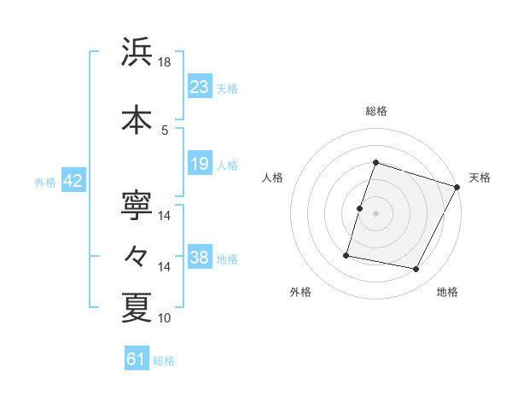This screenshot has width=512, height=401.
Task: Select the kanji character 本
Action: [x=137, y=119]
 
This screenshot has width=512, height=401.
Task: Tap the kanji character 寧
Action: [x=137, y=204]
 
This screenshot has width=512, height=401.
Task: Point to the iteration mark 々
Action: [x=137, y=255]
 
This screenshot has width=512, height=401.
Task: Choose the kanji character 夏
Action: [x=137, y=306]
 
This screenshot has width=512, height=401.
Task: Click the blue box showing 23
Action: [x=200, y=87]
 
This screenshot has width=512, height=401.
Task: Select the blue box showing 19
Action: [x=200, y=164]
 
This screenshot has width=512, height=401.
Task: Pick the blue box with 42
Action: [x=73, y=182]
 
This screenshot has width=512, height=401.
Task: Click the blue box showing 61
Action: [x=137, y=359]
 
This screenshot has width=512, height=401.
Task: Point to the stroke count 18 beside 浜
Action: [x=165, y=62]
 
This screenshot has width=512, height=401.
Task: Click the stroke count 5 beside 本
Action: [x=165, y=130]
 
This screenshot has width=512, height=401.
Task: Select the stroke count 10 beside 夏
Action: [x=165, y=318]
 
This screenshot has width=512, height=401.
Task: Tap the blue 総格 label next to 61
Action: [x=164, y=361]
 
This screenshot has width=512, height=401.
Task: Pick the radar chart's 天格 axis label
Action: [x=480, y=177]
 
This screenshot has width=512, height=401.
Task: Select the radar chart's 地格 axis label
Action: [x=447, y=292]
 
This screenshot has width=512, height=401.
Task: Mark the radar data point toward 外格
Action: [x=347, y=254]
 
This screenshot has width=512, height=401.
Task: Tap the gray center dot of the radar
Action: [x=375, y=213]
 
